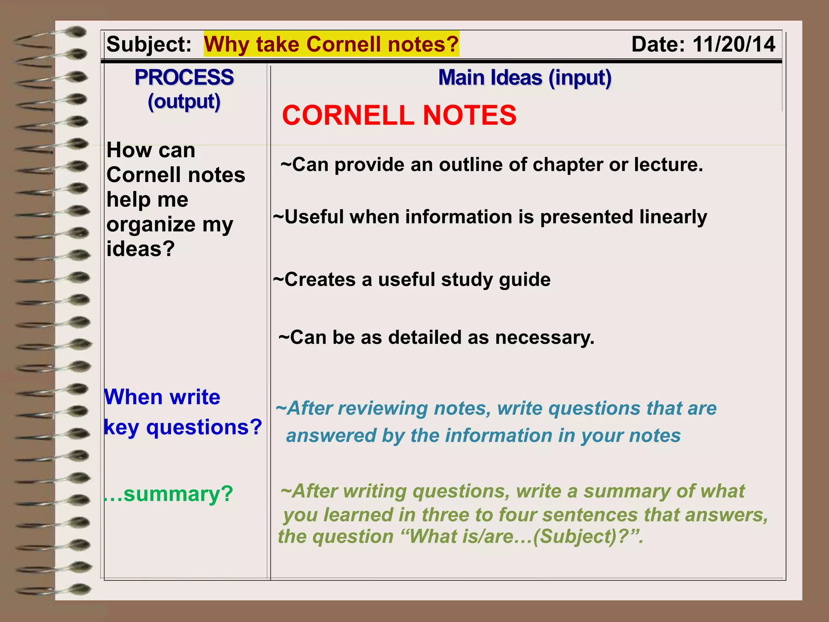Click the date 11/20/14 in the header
pyautogui.click(x=733, y=44)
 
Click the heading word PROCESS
pyautogui.click(x=184, y=77)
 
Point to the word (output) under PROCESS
pyautogui.click(x=184, y=101)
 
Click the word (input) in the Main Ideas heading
pyautogui.click(x=580, y=78)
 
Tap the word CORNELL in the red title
pyautogui.click(x=348, y=115)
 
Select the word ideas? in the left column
pyautogui.click(x=140, y=249)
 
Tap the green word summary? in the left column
pyautogui.click(x=178, y=494)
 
